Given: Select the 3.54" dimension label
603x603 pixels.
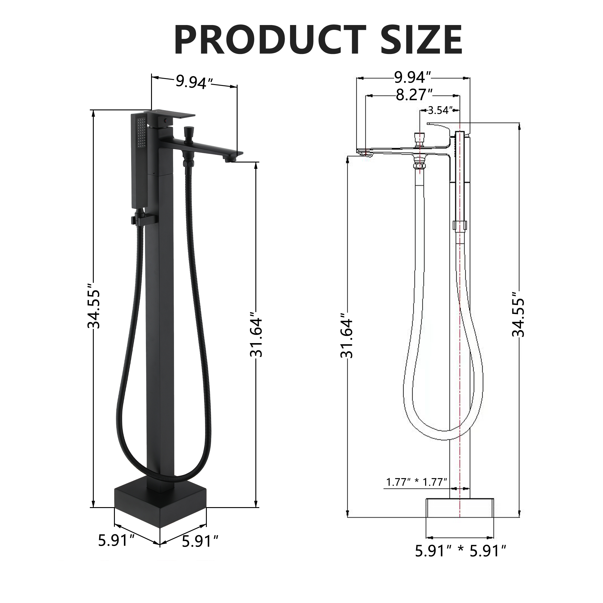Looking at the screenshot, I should coord(440,110).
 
